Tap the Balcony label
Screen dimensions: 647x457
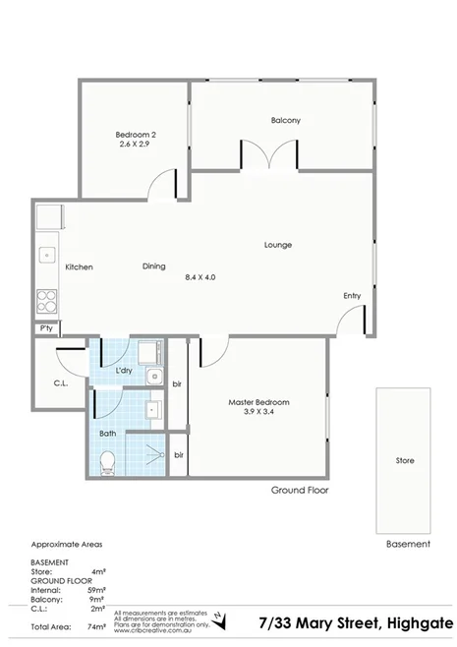[285, 121]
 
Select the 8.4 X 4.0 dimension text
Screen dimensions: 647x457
[200, 277]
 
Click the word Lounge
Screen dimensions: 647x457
[277, 245]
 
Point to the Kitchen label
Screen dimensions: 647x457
[79, 266]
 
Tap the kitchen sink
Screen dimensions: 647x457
[46, 255]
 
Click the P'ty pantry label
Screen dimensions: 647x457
[45, 329]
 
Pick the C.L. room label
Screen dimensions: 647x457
[59, 384]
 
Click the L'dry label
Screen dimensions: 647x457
[125, 371]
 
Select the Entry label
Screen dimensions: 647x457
[351, 296]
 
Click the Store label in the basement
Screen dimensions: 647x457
[404, 460]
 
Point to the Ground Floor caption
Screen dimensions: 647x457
[300, 490]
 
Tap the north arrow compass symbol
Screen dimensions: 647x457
[222, 619]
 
